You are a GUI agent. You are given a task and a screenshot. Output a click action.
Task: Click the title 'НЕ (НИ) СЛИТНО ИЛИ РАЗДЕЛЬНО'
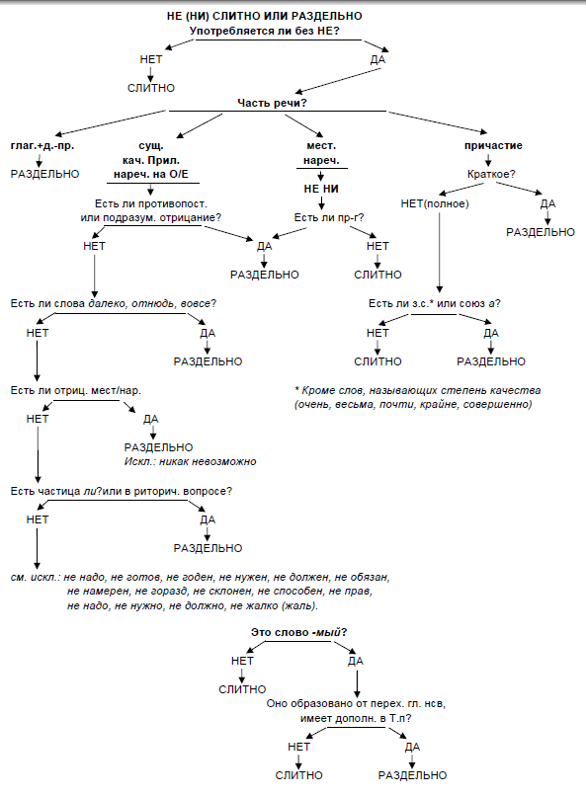tap(264, 16)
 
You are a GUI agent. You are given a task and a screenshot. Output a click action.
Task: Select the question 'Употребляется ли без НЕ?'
tap(265, 31)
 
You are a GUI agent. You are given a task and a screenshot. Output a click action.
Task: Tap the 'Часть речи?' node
tap(272, 103)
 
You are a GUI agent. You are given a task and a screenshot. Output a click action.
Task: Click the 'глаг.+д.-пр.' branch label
tap(42, 146)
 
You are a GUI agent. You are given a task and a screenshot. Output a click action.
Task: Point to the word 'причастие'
tap(493, 146)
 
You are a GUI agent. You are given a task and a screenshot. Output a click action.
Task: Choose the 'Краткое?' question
tap(491, 175)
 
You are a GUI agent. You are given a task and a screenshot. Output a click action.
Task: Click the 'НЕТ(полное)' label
tap(435, 203)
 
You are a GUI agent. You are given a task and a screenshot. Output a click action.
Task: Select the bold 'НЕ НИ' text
tap(321, 189)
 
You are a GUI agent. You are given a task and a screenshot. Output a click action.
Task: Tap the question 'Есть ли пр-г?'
tap(329, 218)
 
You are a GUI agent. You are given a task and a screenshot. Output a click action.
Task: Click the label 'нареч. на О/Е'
tap(151, 175)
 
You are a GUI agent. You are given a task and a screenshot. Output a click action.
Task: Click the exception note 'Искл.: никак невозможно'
tap(191, 462)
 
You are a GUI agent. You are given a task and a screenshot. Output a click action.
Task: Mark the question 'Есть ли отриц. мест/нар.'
tap(76, 391)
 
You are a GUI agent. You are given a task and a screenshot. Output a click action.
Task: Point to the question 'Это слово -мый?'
tap(299, 633)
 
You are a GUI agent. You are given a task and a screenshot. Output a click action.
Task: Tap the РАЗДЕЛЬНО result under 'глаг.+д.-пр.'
tap(44, 175)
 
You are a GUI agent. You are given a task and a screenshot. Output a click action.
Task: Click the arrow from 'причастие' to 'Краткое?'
tap(488, 160)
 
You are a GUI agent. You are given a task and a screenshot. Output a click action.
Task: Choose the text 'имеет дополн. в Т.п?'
tap(356, 719)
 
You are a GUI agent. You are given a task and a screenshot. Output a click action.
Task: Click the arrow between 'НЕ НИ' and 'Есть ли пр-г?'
tap(321, 203)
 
